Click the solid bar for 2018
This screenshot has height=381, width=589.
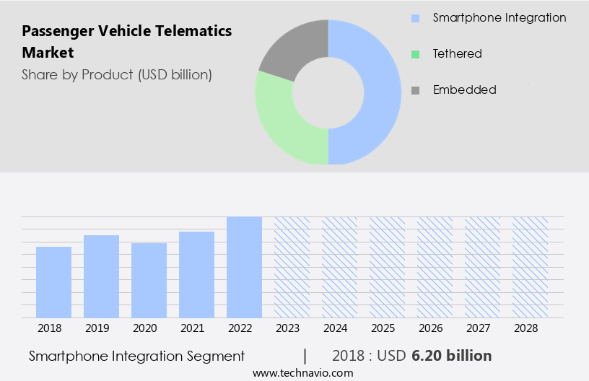(54, 282)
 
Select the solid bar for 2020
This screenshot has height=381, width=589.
(149, 280)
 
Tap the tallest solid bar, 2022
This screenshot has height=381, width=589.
(244, 267)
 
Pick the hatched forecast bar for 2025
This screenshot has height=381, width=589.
(387, 267)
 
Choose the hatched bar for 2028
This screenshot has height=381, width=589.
(530, 267)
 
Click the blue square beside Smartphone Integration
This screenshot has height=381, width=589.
(414, 18)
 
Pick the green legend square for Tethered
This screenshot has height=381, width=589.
(414, 54)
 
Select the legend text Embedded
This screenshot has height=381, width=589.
(464, 89)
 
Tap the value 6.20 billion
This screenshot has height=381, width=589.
(452, 356)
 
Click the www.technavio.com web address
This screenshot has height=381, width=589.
(303, 373)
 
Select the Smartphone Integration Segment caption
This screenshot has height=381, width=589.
(137, 356)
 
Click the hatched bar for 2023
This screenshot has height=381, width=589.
(292, 267)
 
